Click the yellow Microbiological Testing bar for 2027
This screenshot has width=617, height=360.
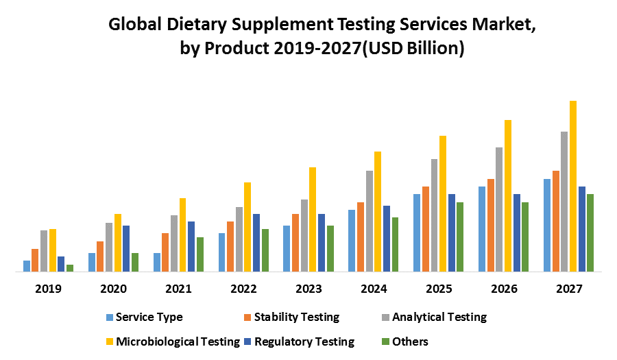[573, 187]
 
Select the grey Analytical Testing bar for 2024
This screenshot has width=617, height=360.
[370, 221]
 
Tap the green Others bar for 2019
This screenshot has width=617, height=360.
[70, 268]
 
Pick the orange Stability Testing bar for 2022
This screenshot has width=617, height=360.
[230, 246]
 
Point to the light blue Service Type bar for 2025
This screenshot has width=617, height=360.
[417, 232]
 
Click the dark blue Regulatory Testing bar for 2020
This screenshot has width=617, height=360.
[126, 248]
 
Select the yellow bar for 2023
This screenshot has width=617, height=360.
[313, 219]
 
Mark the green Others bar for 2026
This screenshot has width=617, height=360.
[525, 237]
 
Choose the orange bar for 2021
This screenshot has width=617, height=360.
[165, 252]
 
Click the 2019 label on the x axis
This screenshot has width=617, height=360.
[48, 289]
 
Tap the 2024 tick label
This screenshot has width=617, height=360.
[374, 289]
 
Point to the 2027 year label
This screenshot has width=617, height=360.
[569, 289]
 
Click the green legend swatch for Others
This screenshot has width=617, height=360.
[385, 341]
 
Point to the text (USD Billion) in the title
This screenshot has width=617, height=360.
[415, 50]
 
